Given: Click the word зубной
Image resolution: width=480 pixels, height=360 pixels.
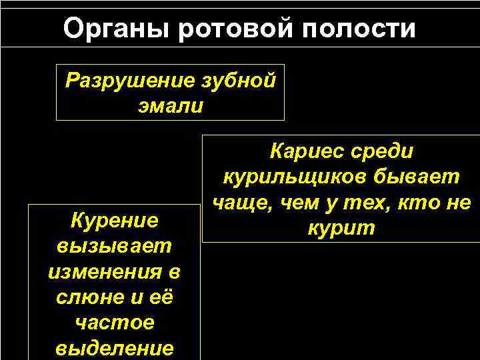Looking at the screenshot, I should pyautogui.click(x=238, y=81).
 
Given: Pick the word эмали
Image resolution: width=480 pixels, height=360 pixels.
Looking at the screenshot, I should pyautogui.click(x=170, y=107).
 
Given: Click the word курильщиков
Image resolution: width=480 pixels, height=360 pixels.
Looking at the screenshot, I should pyautogui.click(x=291, y=177).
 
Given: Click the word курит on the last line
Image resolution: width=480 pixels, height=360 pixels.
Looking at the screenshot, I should pyautogui.click(x=341, y=229).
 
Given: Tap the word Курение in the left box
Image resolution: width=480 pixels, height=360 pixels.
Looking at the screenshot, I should pyautogui.click(x=114, y=220).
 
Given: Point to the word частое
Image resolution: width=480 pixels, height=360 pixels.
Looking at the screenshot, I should pyautogui.click(x=114, y=323).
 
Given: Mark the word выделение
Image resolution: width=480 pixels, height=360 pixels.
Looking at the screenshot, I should pyautogui.click(x=114, y=348).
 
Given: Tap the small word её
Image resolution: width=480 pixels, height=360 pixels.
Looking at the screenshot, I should pyautogui.click(x=161, y=297).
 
